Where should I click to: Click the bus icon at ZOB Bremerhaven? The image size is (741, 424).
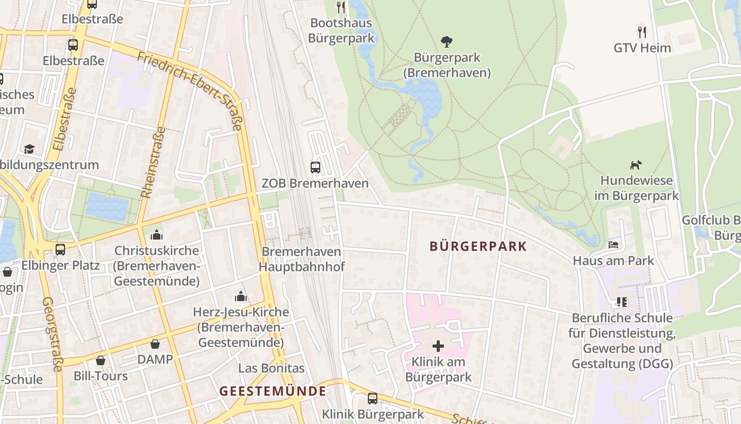[315, 167]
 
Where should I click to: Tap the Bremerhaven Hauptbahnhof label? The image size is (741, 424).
[302, 259]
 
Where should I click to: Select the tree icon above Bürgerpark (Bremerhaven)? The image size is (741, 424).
[447, 42]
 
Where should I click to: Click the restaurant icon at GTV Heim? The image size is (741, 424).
[642, 32]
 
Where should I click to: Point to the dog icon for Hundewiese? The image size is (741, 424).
[636, 165]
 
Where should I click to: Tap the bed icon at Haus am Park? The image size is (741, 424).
[613, 245]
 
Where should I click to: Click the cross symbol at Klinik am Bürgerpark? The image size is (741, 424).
[438, 346]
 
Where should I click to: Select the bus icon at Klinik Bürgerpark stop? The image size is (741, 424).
[373, 399]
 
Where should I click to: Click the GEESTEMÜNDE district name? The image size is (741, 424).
[273, 391]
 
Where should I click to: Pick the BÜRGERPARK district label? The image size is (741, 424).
[478, 246]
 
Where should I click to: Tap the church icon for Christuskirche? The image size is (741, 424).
[157, 235]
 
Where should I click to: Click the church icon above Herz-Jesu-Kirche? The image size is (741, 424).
[241, 296]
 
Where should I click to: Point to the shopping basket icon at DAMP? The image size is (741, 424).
[155, 344]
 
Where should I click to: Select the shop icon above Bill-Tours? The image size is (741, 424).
[101, 361]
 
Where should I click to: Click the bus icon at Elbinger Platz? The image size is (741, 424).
[60, 249]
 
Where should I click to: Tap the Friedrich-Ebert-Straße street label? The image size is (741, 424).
[191, 90]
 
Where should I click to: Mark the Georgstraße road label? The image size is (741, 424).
[52, 334]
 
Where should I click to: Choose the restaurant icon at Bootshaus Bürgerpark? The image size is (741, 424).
[341, 7]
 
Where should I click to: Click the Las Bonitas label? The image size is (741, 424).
[272, 368]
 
